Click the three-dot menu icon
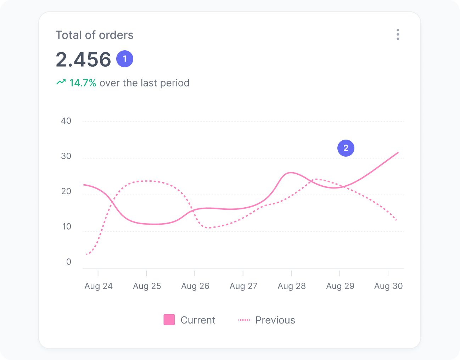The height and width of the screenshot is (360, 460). tap(398, 34)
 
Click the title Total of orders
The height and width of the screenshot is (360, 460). tap(94, 35)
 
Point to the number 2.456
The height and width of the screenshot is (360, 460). tap(83, 59)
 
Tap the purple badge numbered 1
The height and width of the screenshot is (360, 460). tap(125, 59)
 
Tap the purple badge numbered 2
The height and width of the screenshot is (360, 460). tap(346, 148)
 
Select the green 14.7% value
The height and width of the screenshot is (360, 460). tap(83, 83)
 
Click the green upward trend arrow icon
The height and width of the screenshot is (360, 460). tap(61, 83)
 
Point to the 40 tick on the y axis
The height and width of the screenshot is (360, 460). tap(66, 121)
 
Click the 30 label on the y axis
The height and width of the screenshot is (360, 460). tap(66, 156)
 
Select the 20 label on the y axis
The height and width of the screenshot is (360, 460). tap(66, 191)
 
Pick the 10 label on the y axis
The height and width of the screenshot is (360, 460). tap(67, 226)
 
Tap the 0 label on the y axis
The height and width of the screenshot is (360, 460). tap(69, 262)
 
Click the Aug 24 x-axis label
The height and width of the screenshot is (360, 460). tap(99, 286)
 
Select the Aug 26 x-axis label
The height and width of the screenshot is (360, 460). tap(195, 286)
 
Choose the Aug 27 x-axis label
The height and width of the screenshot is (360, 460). tap(243, 286)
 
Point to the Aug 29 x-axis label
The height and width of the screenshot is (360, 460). tap(340, 286)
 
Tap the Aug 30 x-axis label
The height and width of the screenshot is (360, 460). tap(388, 286)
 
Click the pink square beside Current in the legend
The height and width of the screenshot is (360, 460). tap(169, 320)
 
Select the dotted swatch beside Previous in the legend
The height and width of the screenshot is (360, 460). tap(244, 320)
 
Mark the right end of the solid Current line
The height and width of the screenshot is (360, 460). tap(398, 152)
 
